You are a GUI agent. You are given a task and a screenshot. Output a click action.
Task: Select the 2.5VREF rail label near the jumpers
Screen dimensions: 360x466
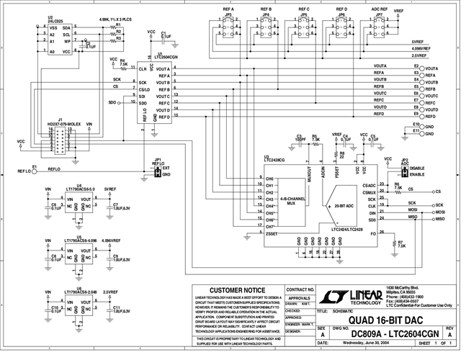point(422,55)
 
